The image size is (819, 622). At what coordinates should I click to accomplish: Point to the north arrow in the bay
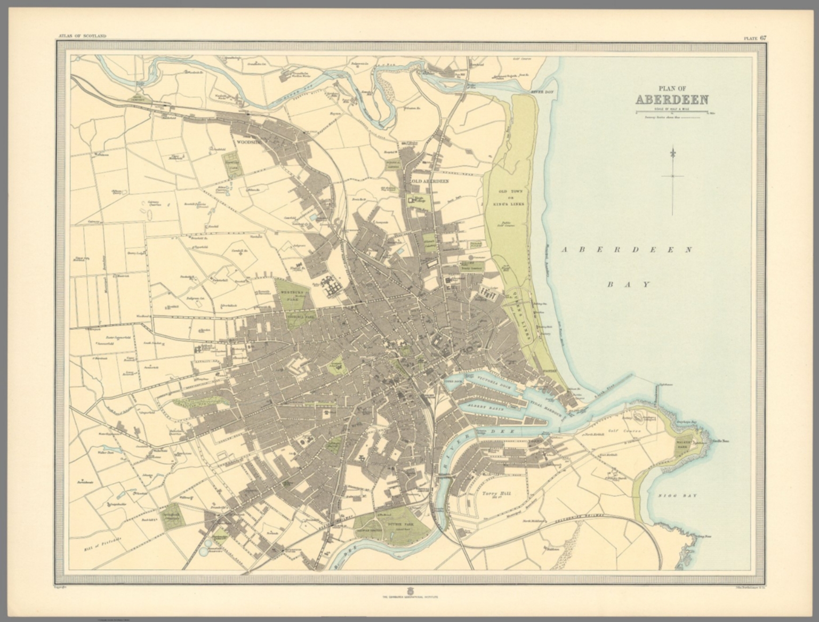(673, 176)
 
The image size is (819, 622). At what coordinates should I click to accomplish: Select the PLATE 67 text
(756, 37)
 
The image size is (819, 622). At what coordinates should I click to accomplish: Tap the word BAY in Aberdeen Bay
(629, 284)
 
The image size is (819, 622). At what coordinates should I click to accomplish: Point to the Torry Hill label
(496, 494)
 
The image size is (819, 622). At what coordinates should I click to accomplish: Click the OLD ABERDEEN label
(429, 181)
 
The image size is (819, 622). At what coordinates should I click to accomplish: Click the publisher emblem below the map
(409, 591)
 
